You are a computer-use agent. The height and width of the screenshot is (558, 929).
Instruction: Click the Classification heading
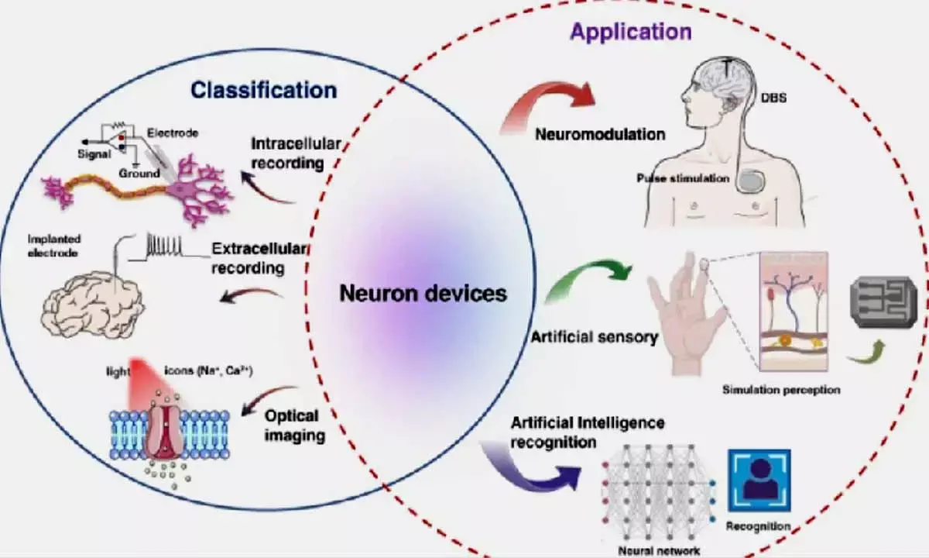coord(263,90)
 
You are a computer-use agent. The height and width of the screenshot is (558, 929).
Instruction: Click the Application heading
coord(631,32)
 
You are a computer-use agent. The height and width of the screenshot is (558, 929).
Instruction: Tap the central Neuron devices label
coord(423,294)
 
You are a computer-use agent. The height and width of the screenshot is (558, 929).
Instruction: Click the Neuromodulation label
coord(600,134)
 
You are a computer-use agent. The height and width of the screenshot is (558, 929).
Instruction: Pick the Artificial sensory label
coord(595,337)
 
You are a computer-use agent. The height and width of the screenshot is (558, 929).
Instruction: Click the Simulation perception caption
coord(780,390)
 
